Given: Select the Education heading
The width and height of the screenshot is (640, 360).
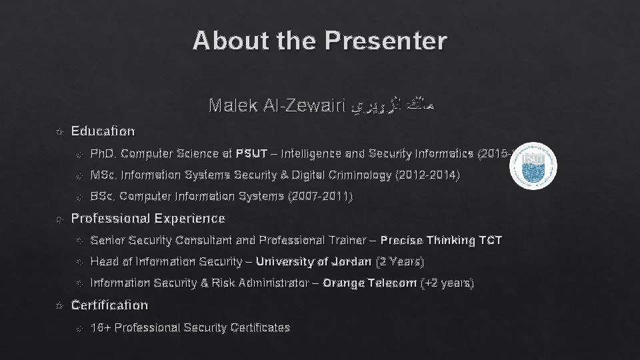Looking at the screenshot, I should (x=103, y=131).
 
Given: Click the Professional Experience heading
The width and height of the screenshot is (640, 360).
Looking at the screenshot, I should (x=148, y=219).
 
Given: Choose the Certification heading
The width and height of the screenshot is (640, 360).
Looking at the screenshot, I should (x=109, y=305).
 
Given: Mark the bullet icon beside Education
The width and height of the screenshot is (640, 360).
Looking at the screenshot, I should (x=61, y=131).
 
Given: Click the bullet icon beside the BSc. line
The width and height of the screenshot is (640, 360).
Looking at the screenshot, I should (x=79, y=197).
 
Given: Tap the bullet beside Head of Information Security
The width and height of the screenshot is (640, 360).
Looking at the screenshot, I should (x=79, y=262).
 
